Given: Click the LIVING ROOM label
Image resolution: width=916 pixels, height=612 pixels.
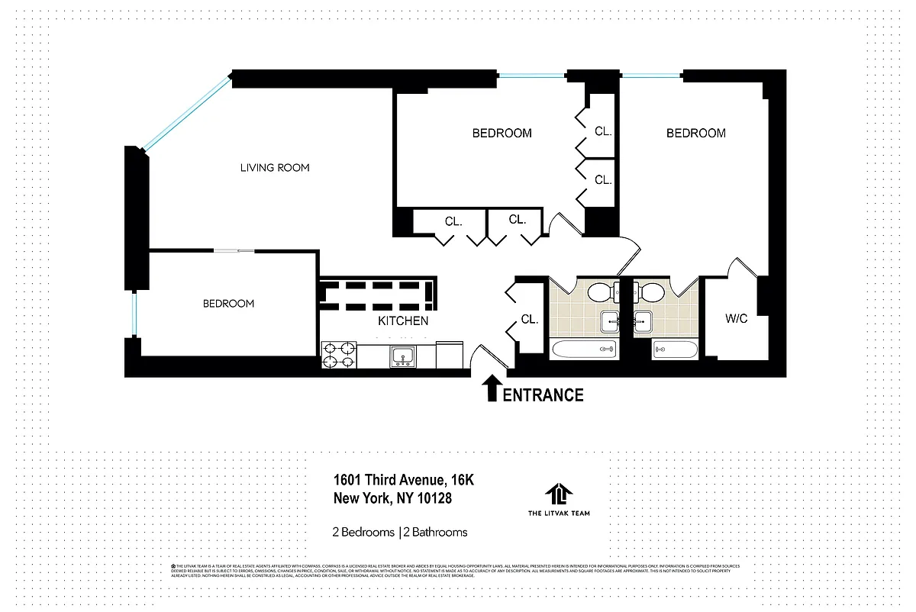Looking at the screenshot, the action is click(275, 168).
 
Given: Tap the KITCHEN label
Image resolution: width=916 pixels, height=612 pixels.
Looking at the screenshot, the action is click(403, 321).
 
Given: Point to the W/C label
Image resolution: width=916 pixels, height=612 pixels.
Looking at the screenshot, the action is click(736, 319).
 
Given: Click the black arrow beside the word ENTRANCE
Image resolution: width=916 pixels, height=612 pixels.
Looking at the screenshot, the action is click(492, 388).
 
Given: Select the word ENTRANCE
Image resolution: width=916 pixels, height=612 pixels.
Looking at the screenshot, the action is click(543, 395).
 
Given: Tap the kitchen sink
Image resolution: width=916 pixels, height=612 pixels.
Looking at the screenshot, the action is click(402, 356).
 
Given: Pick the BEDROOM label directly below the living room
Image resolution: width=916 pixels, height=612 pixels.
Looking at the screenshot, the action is click(228, 304).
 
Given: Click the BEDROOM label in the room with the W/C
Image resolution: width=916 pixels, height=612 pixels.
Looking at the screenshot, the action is click(695, 134).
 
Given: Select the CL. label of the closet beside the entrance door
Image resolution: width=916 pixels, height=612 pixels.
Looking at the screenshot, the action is click(530, 319).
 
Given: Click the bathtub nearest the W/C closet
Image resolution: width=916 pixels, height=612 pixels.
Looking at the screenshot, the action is click(675, 350).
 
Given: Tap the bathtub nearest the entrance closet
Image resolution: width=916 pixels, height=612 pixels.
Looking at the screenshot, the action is click(585, 350).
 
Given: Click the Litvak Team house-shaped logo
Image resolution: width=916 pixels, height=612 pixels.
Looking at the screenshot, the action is click(559, 494).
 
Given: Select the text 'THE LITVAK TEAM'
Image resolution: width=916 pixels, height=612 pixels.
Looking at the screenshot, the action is click(559, 514).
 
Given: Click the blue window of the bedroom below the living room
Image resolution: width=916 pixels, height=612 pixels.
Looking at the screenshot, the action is click(134, 314).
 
